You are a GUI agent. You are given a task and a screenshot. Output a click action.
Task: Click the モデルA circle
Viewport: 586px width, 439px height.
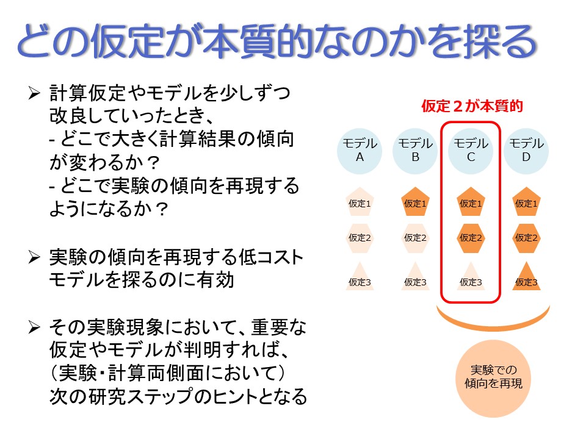(360, 151)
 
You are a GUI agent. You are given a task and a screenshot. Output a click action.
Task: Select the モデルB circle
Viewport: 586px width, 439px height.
(415, 151)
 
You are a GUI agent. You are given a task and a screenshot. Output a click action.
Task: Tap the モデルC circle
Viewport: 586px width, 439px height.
(471, 151)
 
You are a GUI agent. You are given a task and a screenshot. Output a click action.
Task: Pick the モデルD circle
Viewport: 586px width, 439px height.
(526, 151)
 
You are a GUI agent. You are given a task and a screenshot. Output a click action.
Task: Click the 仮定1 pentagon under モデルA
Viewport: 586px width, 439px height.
(360, 202)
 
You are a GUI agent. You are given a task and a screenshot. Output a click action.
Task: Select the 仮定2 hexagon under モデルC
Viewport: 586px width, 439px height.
(471, 238)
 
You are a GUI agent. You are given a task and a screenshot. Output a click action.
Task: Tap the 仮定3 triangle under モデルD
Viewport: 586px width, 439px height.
(526, 277)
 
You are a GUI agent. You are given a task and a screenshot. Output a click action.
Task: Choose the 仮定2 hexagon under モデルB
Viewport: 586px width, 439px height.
(415, 238)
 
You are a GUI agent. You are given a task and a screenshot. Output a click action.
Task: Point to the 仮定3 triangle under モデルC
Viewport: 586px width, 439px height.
(471, 277)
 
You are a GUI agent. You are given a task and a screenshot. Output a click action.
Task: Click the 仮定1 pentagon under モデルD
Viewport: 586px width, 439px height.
(526, 202)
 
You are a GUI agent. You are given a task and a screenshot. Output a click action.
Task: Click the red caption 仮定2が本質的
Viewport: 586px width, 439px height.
(472, 106)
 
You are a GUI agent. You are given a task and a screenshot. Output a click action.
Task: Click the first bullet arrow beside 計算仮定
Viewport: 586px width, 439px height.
(34, 93)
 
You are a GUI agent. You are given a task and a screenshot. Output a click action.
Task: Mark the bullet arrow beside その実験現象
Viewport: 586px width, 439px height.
(34, 327)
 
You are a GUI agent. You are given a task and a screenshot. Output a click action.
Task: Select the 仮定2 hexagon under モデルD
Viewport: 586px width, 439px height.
(526, 238)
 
